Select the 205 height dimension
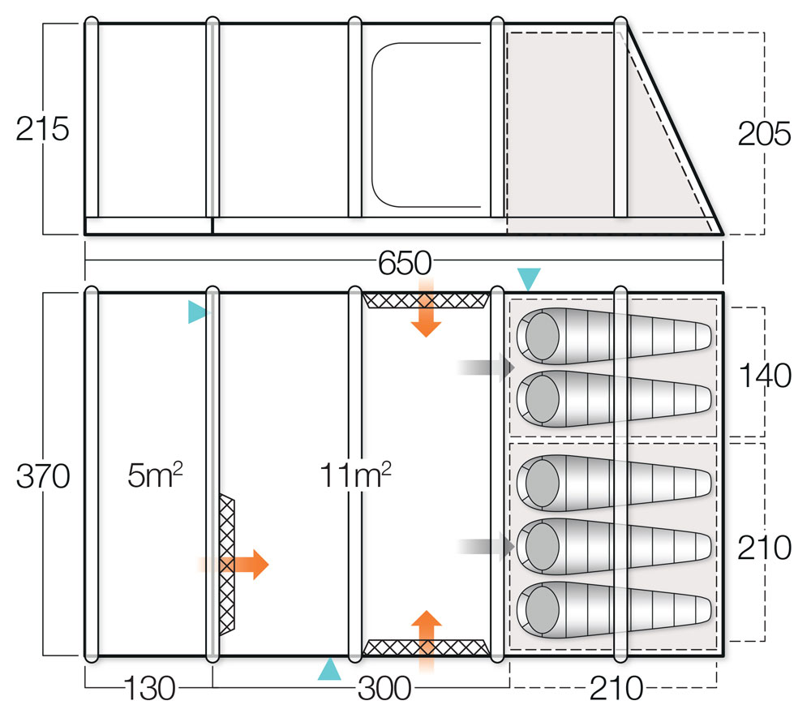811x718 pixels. [764, 135]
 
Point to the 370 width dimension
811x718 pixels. [43, 476]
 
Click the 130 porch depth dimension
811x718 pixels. [149, 689]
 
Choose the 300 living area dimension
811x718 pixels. [384, 689]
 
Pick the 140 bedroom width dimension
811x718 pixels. [764, 376]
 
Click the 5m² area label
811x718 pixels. [154, 475]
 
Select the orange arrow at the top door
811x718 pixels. [425, 310]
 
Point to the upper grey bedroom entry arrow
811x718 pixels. [486, 368]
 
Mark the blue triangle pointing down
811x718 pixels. [530, 278]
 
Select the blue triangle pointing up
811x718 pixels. [328, 669]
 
